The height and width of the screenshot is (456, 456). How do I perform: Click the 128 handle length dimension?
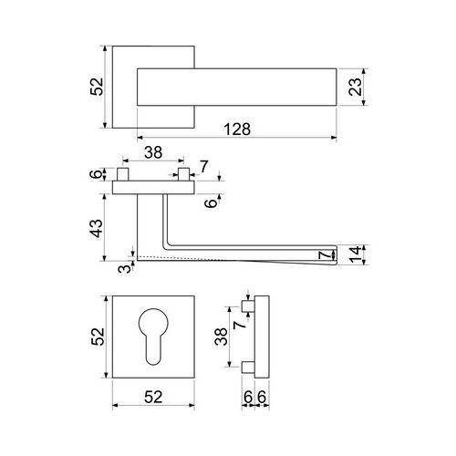[237, 130]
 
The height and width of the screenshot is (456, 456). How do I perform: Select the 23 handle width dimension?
[356, 87]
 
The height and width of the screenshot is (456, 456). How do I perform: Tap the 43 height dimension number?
[98, 228]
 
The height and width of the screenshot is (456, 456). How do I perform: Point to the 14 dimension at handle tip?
[356, 254]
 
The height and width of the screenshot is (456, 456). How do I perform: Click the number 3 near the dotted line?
[124, 269]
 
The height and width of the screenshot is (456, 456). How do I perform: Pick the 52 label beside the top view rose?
[97, 87]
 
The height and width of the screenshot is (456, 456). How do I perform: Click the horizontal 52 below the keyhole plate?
[153, 397]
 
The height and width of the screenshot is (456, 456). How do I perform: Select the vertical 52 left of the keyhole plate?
[98, 337]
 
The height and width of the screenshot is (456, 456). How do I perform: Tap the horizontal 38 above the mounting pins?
[153, 152]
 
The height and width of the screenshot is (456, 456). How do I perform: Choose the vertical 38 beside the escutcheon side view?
[221, 337]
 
